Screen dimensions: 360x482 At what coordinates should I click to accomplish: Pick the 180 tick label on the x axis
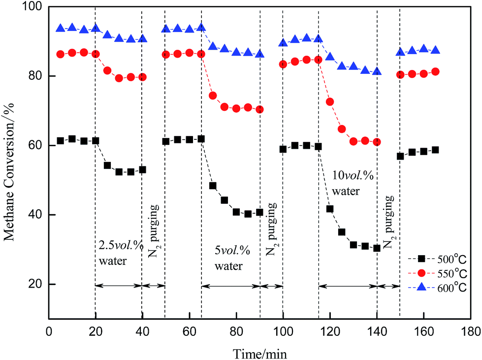(x=470, y=329)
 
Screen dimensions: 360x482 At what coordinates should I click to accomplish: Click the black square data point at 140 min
(x=377, y=248)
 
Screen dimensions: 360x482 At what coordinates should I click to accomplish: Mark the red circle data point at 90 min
(x=259, y=109)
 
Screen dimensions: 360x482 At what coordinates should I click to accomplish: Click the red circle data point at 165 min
(x=435, y=72)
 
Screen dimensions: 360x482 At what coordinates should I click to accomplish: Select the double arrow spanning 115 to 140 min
(x=348, y=285)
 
